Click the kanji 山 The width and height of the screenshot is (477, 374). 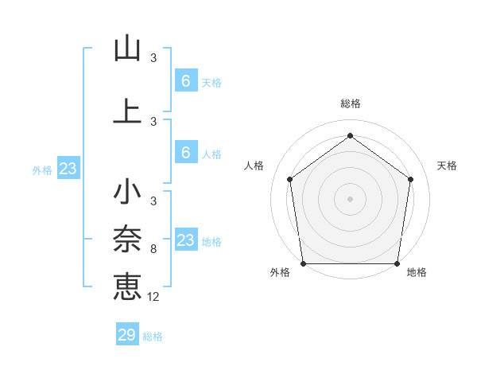tap(127, 49)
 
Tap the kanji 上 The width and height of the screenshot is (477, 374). tap(127, 111)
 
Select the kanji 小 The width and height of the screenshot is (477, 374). tap(127, 193)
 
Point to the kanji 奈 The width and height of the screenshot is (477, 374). tap(127, 239)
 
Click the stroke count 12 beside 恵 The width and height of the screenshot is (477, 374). tap(153, 296)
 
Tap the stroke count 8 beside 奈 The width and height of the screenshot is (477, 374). tap(153, 249)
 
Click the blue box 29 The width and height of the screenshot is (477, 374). tap(127, 335)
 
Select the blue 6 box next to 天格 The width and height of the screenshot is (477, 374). tap(185, 81)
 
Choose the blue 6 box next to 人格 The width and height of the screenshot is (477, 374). tap(185, 153)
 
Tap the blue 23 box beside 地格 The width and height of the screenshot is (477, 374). tap(185, 240)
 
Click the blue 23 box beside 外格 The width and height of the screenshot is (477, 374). tap(68, 169)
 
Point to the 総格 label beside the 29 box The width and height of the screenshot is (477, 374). tap(153, 337)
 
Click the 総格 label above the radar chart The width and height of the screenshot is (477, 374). tap(350, 104)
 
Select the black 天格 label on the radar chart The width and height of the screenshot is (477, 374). tap(447, 166)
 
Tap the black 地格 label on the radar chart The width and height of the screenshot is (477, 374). tap(417, 272)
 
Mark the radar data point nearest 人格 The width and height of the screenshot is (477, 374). tap(289, 179)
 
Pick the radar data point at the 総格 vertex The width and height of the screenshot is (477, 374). tap(350, 135)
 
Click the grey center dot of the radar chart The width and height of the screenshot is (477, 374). tap(350, 198)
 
